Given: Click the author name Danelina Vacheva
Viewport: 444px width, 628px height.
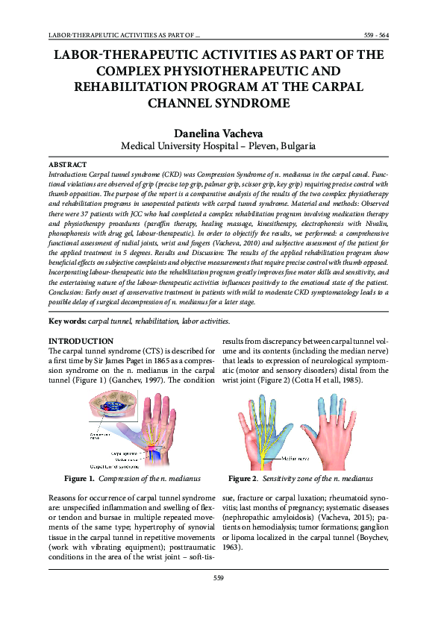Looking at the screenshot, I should [x=222, y=134].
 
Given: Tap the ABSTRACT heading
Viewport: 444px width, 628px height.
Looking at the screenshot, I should [x=67, y=164].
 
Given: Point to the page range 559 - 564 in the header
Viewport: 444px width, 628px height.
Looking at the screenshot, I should [x=375, y=35].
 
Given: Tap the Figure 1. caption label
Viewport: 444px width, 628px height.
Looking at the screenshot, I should [x=79, y=478].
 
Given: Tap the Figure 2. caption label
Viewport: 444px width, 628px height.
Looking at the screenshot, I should [x=243, y=478].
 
